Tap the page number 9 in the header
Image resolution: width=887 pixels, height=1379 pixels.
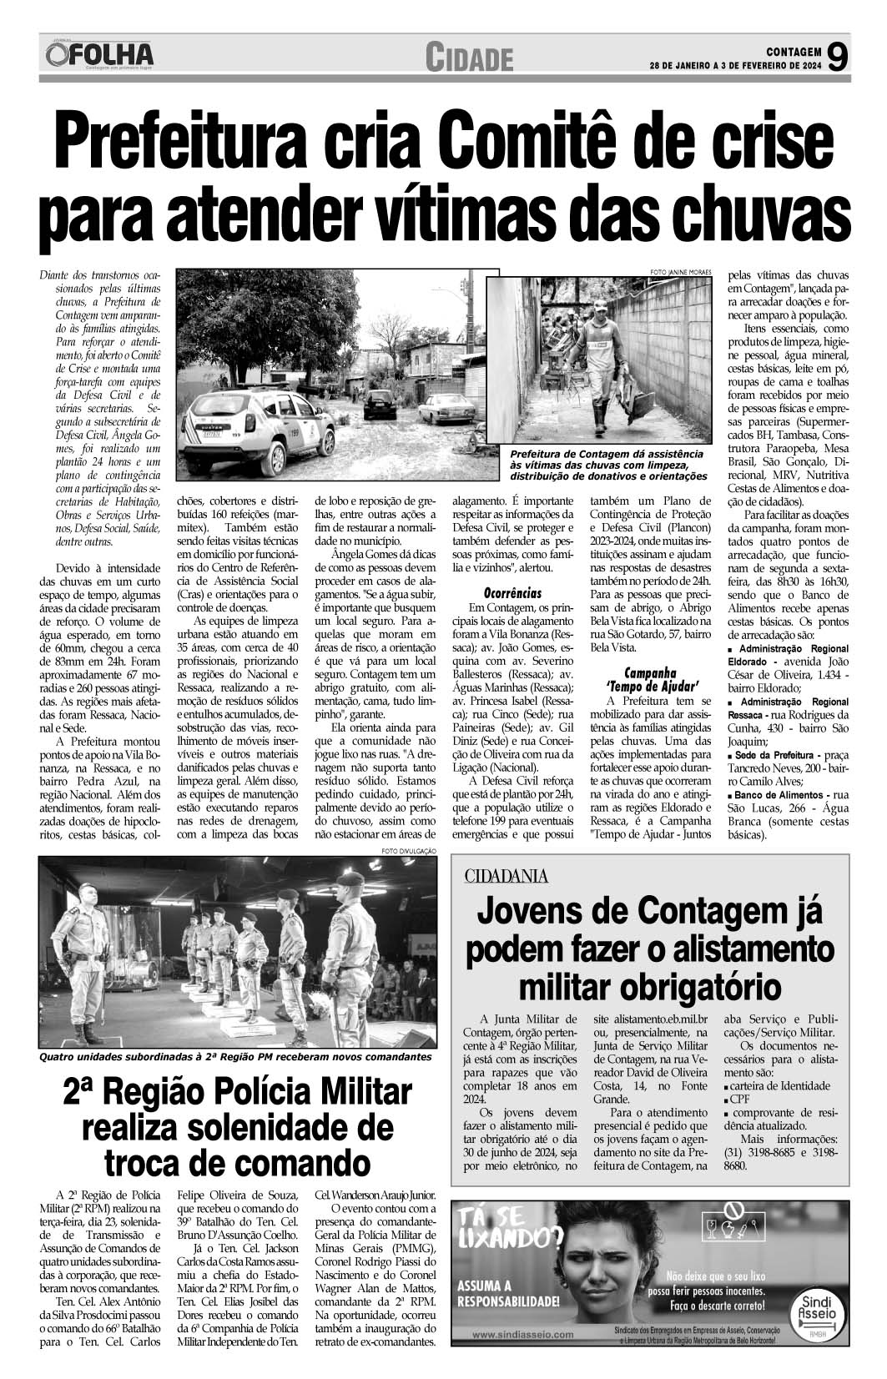[x=839, y=57]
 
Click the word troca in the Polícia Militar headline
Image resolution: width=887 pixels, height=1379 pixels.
[x=151, y=1162]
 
